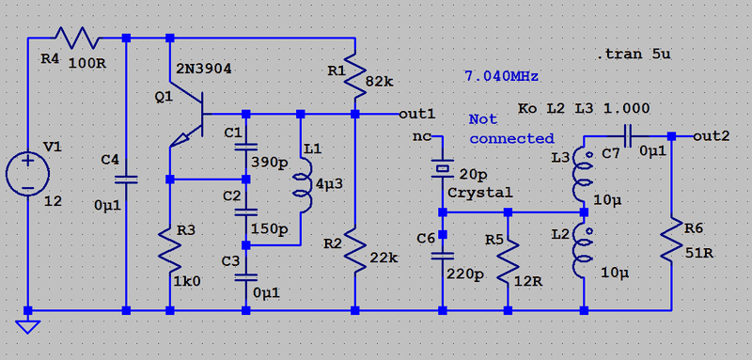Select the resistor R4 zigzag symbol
point(78,38)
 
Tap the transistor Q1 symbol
point(188,118)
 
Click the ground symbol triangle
point(27,326)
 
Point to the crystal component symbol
point(442,169)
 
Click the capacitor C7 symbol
point(628,136)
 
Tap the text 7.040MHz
point(501,76)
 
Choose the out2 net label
point(712,136)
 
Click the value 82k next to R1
point(380,82)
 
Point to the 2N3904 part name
point(204,69)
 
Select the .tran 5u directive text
point(633,54)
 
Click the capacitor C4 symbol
point(126,180)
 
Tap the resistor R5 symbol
point(508,261)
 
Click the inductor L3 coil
point(581,176)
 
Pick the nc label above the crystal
point(422,136)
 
